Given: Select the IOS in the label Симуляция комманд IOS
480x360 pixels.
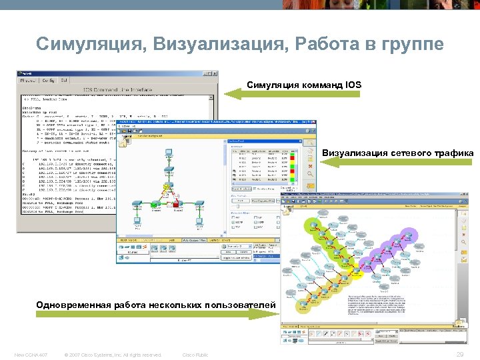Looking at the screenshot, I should click(x=353, y=85).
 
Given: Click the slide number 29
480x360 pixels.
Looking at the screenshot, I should click(x=459, y=355).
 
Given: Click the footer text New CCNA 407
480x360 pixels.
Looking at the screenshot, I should click(x=30, y=355).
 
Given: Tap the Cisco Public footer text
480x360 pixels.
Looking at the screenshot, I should click(x=195, y=355).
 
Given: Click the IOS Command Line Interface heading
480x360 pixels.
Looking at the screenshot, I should click(x=115, y=89).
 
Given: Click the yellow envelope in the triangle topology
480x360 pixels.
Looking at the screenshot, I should click(x=167, y=188).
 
